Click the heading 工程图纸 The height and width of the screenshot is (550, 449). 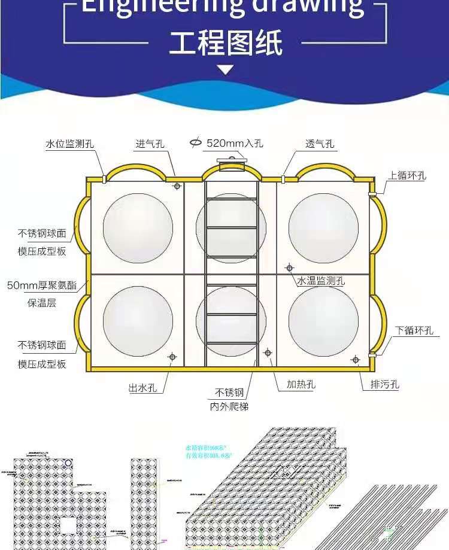click(x=225, y=43)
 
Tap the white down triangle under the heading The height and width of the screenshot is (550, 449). click(x=225, y=70)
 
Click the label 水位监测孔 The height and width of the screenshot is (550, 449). click(x=69, y=144)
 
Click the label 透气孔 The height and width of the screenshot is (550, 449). click(x=320, y=144)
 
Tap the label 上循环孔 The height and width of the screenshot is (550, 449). click(x=406, y=175)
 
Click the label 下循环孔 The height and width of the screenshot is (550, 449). click(x=414, y=330)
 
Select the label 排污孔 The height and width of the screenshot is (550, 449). click(x=380, y=384)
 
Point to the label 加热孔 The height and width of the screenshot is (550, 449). click(x=296, y=384)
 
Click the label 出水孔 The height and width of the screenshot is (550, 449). click(x=142, y=388)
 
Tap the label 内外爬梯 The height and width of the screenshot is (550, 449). click(x=229, y=407)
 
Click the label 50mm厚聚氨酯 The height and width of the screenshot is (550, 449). click(x=42, y=285)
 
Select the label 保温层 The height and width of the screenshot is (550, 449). click(x=42, y=302)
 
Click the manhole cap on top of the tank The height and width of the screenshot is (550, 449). click(x=230, y=160)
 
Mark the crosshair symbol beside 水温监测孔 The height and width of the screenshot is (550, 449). click(x=289, y=268)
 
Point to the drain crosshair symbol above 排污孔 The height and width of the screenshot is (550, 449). click(x=355, y=360)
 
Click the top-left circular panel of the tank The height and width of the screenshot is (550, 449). click(x=138, y=227)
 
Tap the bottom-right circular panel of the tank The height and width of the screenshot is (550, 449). click(x=323, y=321)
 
